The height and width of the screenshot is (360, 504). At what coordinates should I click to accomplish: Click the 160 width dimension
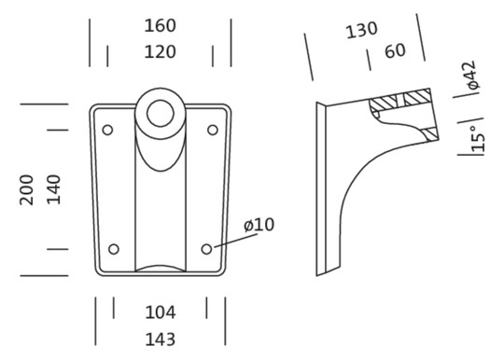(161, 26)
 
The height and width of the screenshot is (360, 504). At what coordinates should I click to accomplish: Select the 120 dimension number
(161, 52)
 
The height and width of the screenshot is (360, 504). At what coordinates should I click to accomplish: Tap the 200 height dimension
(27, 189)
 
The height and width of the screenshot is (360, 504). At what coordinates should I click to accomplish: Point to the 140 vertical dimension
(54, 189)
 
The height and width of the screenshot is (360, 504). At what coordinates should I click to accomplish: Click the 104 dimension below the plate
(161, 312)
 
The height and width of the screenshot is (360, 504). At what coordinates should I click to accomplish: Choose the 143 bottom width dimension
(161, 339)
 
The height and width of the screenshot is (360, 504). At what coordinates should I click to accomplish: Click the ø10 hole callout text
(259, 225)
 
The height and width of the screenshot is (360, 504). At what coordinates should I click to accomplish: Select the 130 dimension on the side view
(361, 31)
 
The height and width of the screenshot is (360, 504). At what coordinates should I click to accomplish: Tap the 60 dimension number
(395, 50)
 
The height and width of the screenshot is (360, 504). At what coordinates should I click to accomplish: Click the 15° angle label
(477, 137)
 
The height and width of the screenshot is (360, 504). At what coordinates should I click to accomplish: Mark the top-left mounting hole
(107, 130)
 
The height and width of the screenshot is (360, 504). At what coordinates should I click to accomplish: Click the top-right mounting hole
(213, 130)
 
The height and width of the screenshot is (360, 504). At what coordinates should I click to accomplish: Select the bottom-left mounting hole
(114, 249)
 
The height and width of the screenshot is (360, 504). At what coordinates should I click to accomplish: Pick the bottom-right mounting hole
(206, 249)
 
